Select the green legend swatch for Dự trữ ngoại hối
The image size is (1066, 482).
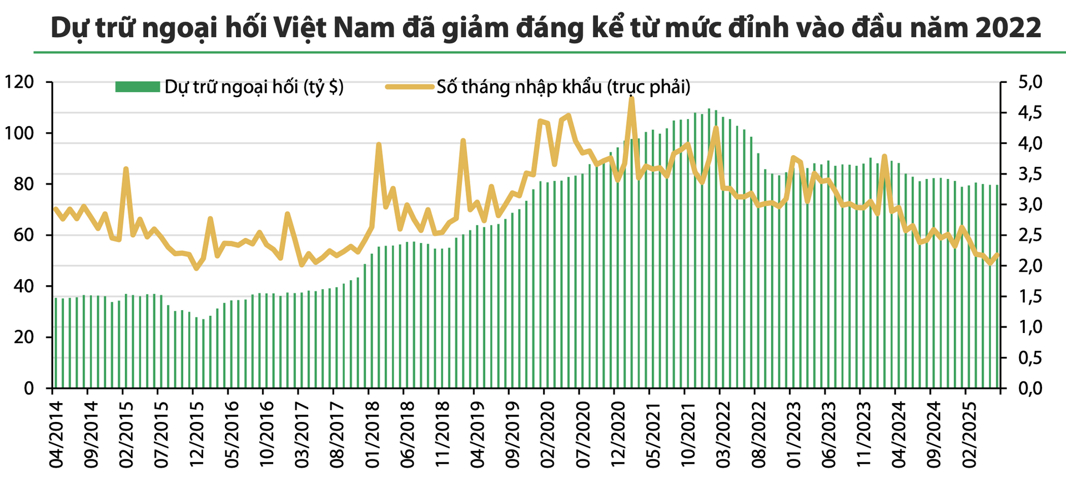[x=137, y=87]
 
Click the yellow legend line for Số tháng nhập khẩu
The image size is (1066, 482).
[x=410, y=87]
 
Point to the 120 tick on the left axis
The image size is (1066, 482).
[x=19, y=82]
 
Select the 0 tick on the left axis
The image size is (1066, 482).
[x=29, y=388]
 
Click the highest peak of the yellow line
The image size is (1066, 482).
[x=631, y=98]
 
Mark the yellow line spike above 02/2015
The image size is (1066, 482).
[x=126, y=169]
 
